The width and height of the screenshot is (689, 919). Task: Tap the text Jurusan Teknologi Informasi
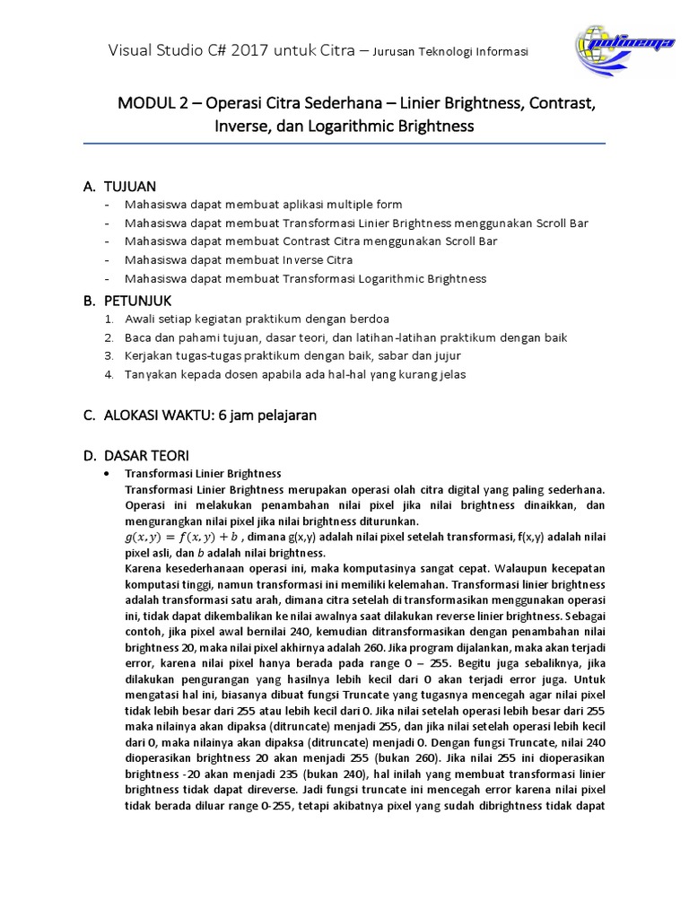(450, 52)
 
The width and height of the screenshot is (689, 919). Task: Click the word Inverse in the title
(241, 127)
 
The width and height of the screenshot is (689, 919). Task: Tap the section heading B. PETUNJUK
(126, 300)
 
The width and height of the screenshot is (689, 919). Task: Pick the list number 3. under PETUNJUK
(108, 356)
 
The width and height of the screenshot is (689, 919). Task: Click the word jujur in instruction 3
(433, 356)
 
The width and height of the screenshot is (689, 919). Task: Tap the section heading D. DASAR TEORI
(135, 456)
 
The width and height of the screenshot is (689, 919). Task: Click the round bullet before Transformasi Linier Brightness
(108, 474)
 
